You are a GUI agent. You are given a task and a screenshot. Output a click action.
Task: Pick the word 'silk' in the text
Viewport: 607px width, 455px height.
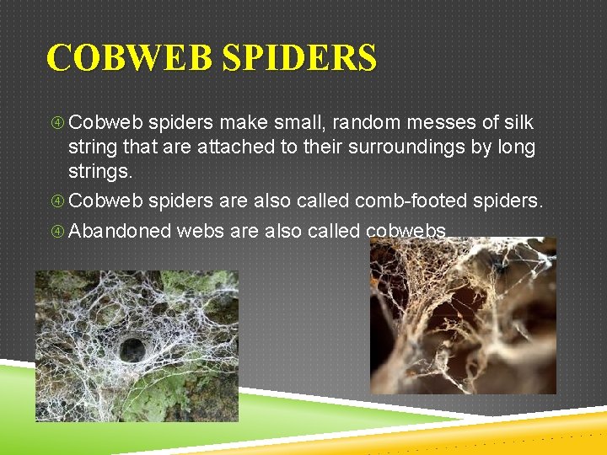517,123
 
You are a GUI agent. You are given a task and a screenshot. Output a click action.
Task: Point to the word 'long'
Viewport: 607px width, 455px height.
517,147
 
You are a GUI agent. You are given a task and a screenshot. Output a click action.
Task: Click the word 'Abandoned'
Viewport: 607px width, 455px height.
121,232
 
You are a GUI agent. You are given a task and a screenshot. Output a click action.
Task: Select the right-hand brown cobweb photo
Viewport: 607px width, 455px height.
463,316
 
